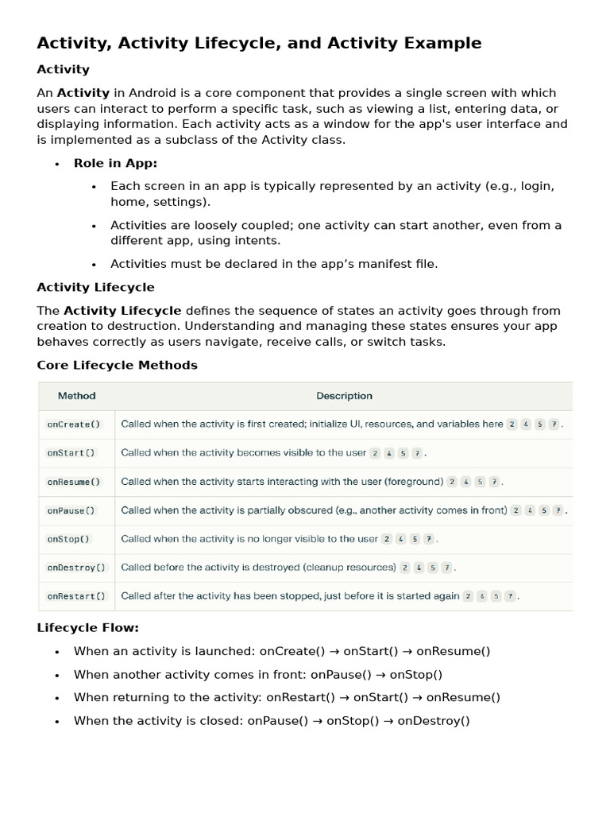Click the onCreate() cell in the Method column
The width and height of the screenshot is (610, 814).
point(69,424)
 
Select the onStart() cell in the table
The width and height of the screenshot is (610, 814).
point(71,453)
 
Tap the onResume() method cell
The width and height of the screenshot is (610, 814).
point(74,482)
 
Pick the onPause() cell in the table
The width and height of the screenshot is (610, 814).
point(71,510)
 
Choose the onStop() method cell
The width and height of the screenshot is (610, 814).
point(69,539)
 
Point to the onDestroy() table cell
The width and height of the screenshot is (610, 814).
point(76,568)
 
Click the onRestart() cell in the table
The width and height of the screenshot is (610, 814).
point(76,596)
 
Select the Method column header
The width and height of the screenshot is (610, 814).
point(76,396)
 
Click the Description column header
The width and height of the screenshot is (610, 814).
point(344,396)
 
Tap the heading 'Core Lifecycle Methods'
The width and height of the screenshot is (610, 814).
point(117,366)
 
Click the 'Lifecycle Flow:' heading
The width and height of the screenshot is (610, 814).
point(87,628)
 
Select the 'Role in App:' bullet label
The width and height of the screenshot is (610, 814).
point(115,163)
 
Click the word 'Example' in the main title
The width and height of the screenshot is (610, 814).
point(441,43)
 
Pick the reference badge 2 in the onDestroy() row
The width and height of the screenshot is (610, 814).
point(405,568)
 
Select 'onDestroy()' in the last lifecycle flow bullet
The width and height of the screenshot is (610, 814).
point(434,721)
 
